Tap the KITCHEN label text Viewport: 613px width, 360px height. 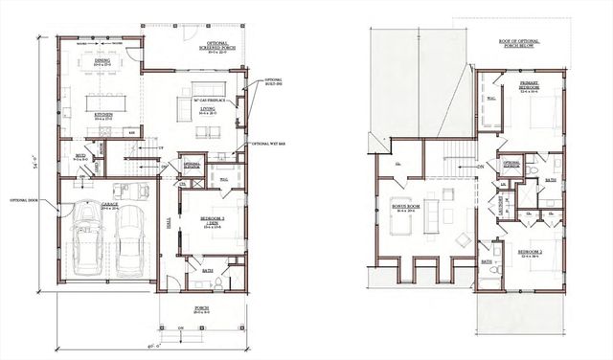pyautogui.click(x=103, y=115)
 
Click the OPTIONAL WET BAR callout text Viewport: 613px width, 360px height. pyautogui.click(x=267, y=144)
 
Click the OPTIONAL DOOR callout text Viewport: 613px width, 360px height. pyautogui.click(x=23, y=200)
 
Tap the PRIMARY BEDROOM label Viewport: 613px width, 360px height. pyautogui.click(x=529, y=85)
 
